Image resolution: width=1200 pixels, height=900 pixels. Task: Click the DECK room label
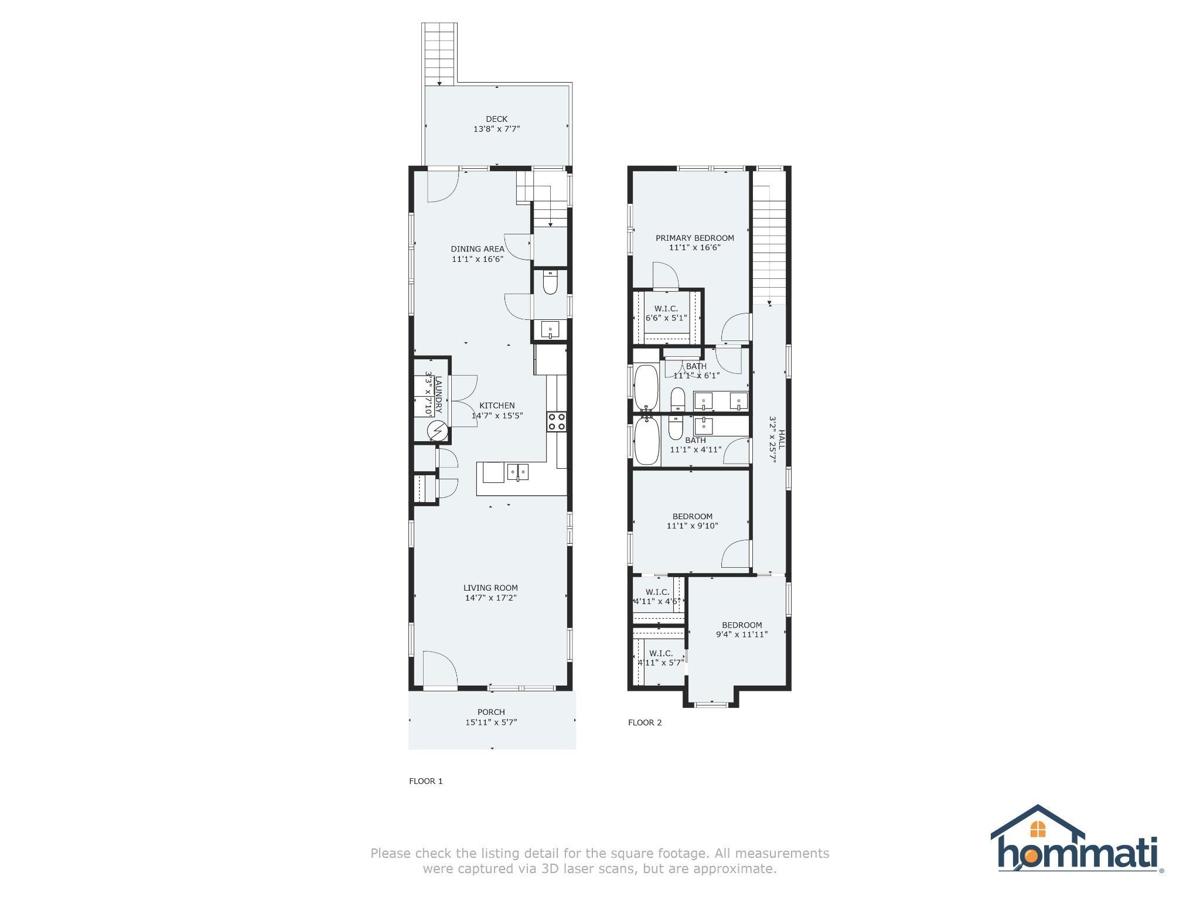click(x=497, y=119)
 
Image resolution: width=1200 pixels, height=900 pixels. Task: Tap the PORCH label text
click(x=491, y=712)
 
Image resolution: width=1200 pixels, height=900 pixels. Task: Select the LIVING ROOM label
click(x=491, y=588)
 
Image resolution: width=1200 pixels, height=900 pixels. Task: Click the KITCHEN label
click(x=497, y=405)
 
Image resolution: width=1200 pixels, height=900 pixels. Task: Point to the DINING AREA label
click(x=478, y=249)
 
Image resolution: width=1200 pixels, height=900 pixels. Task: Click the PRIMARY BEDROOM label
click(x=695, y=238)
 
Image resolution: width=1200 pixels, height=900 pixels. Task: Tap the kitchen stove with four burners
click(x=557, y=421)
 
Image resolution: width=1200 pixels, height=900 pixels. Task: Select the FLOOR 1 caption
click(x=426, y=781)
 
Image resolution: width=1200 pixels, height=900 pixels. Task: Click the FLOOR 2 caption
click(x=645, y=722)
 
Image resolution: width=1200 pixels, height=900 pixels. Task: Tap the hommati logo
click(x=1077, y=839)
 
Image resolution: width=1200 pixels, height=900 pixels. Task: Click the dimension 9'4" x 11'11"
click(x=742, y=635)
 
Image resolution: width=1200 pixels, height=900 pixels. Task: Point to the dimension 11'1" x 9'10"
click(x=693, y=526)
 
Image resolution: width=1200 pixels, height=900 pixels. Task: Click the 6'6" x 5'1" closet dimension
click(x=666, y=318)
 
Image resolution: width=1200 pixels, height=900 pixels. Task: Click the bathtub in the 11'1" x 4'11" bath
click(x=647, y=441)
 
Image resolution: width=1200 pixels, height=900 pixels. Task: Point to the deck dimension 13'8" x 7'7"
click(x=497, y=129)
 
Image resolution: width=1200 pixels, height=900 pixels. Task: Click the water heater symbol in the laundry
click(x=437, y=432)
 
